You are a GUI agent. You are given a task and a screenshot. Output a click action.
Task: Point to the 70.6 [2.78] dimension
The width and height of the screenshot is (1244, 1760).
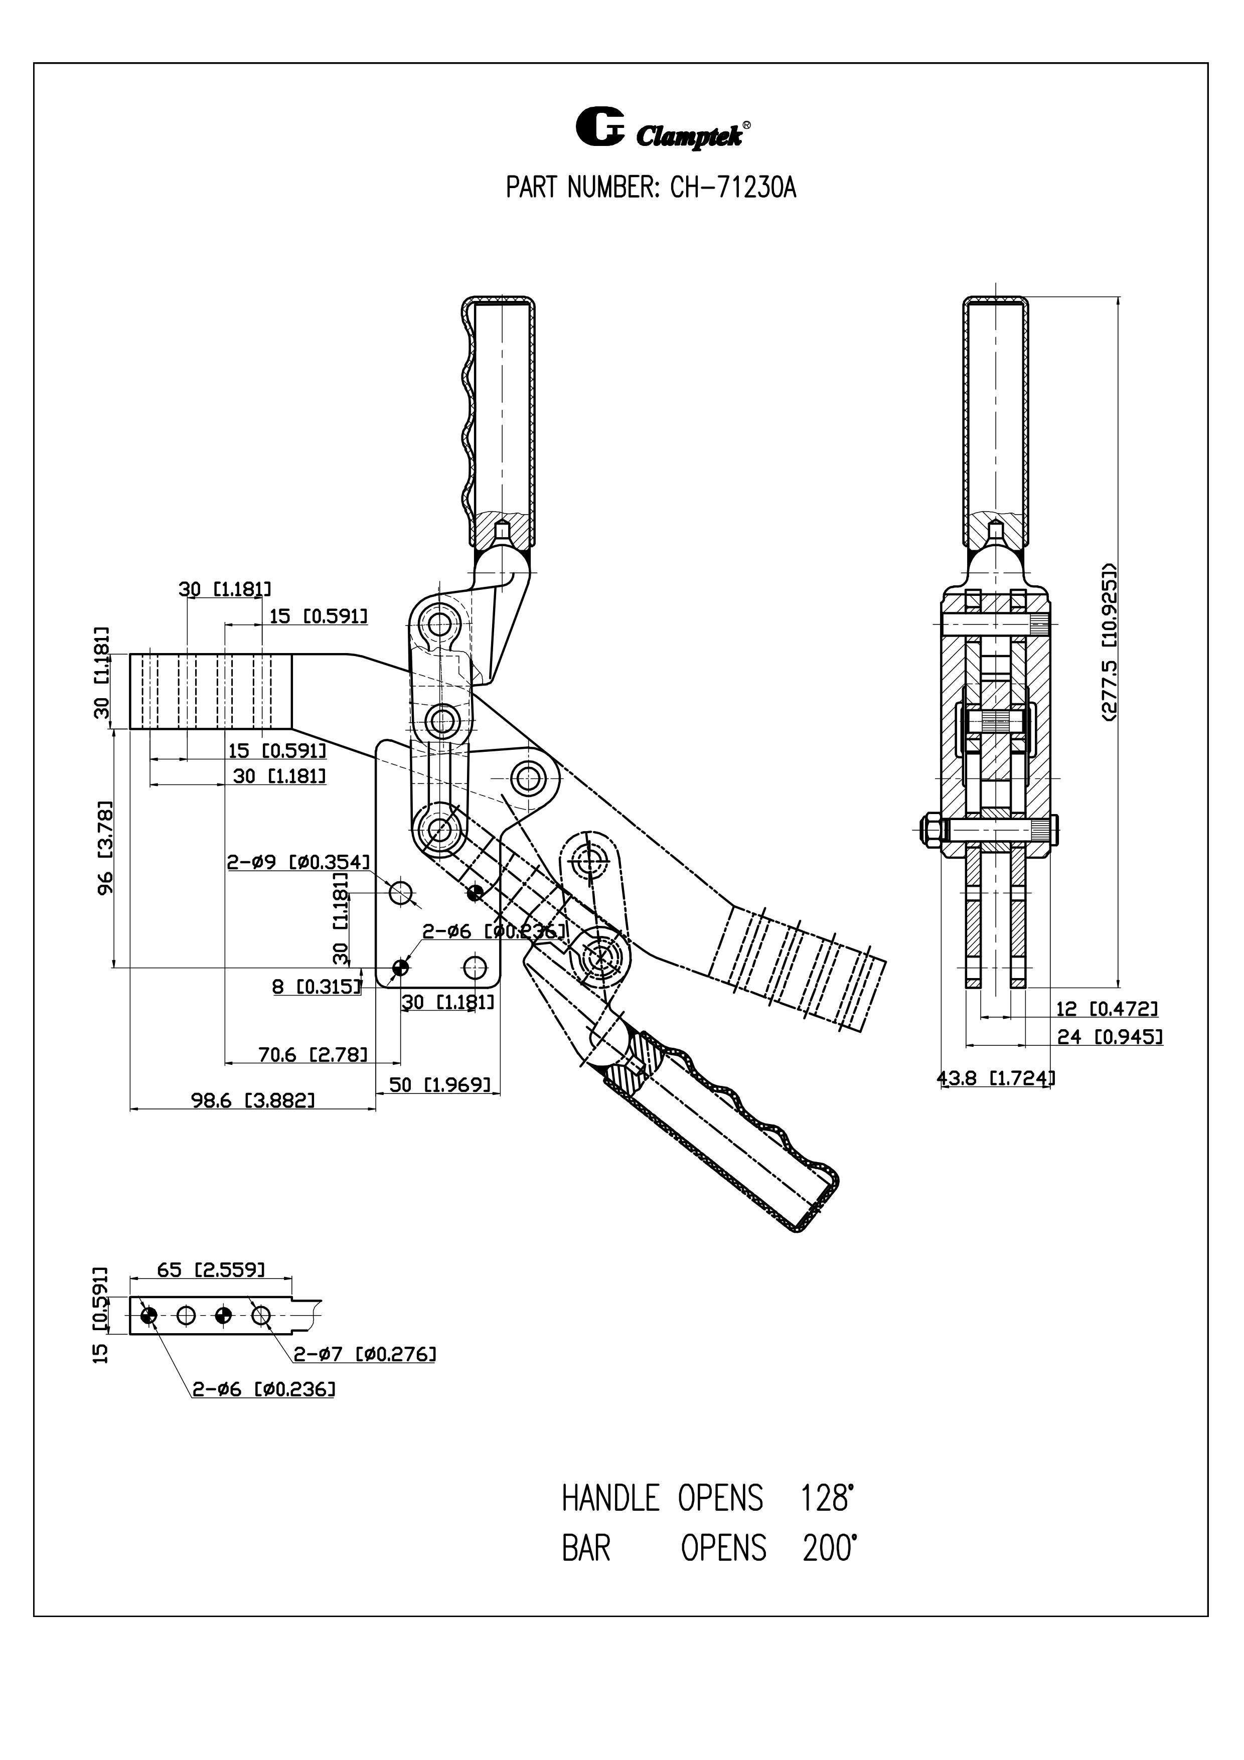point(313,1055)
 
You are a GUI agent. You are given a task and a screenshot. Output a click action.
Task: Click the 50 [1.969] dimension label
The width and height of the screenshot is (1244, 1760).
point(440,1085)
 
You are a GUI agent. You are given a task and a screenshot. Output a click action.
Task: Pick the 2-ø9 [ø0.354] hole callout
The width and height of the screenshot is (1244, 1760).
point(298,862)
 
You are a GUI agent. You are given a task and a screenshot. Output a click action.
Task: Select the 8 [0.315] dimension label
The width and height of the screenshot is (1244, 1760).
point(317,987)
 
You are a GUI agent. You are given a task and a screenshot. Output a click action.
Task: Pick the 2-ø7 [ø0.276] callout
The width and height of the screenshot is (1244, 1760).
point(365,1355)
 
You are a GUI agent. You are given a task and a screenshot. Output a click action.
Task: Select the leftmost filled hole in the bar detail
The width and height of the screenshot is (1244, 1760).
point(148,1316)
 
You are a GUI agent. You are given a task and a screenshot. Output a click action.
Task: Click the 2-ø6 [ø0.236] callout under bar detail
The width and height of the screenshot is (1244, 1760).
point(263,1389)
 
